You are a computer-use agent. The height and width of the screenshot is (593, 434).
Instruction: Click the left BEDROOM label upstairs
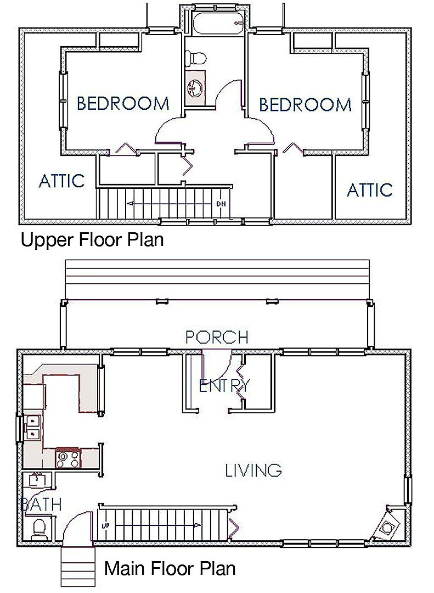[123, 103]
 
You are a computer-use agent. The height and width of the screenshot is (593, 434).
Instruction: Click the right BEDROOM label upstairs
[306, 104]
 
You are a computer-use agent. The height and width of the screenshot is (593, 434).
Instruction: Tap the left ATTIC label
[61, 181]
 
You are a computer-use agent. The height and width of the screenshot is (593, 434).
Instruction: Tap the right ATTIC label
[370, 190]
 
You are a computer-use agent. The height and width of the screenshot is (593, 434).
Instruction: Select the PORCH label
[217, 337]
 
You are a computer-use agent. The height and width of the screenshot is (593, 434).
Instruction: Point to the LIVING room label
[253, 471]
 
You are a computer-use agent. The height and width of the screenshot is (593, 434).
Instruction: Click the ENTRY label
[224, 386]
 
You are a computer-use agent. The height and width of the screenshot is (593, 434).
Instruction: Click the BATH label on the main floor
[40, 504]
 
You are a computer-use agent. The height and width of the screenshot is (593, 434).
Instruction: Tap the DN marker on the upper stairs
[221, 204]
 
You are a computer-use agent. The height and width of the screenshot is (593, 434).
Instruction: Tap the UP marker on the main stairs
[105, 525]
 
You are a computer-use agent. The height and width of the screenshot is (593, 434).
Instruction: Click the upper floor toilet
[196, 58]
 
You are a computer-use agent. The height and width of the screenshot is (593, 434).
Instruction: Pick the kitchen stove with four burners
[68, 458]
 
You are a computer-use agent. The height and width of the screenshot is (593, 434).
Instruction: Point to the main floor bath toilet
[38, 528]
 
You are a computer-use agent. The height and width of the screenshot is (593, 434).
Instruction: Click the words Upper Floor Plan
[92, 240]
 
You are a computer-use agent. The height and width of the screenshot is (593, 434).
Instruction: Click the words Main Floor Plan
[170, 568]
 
